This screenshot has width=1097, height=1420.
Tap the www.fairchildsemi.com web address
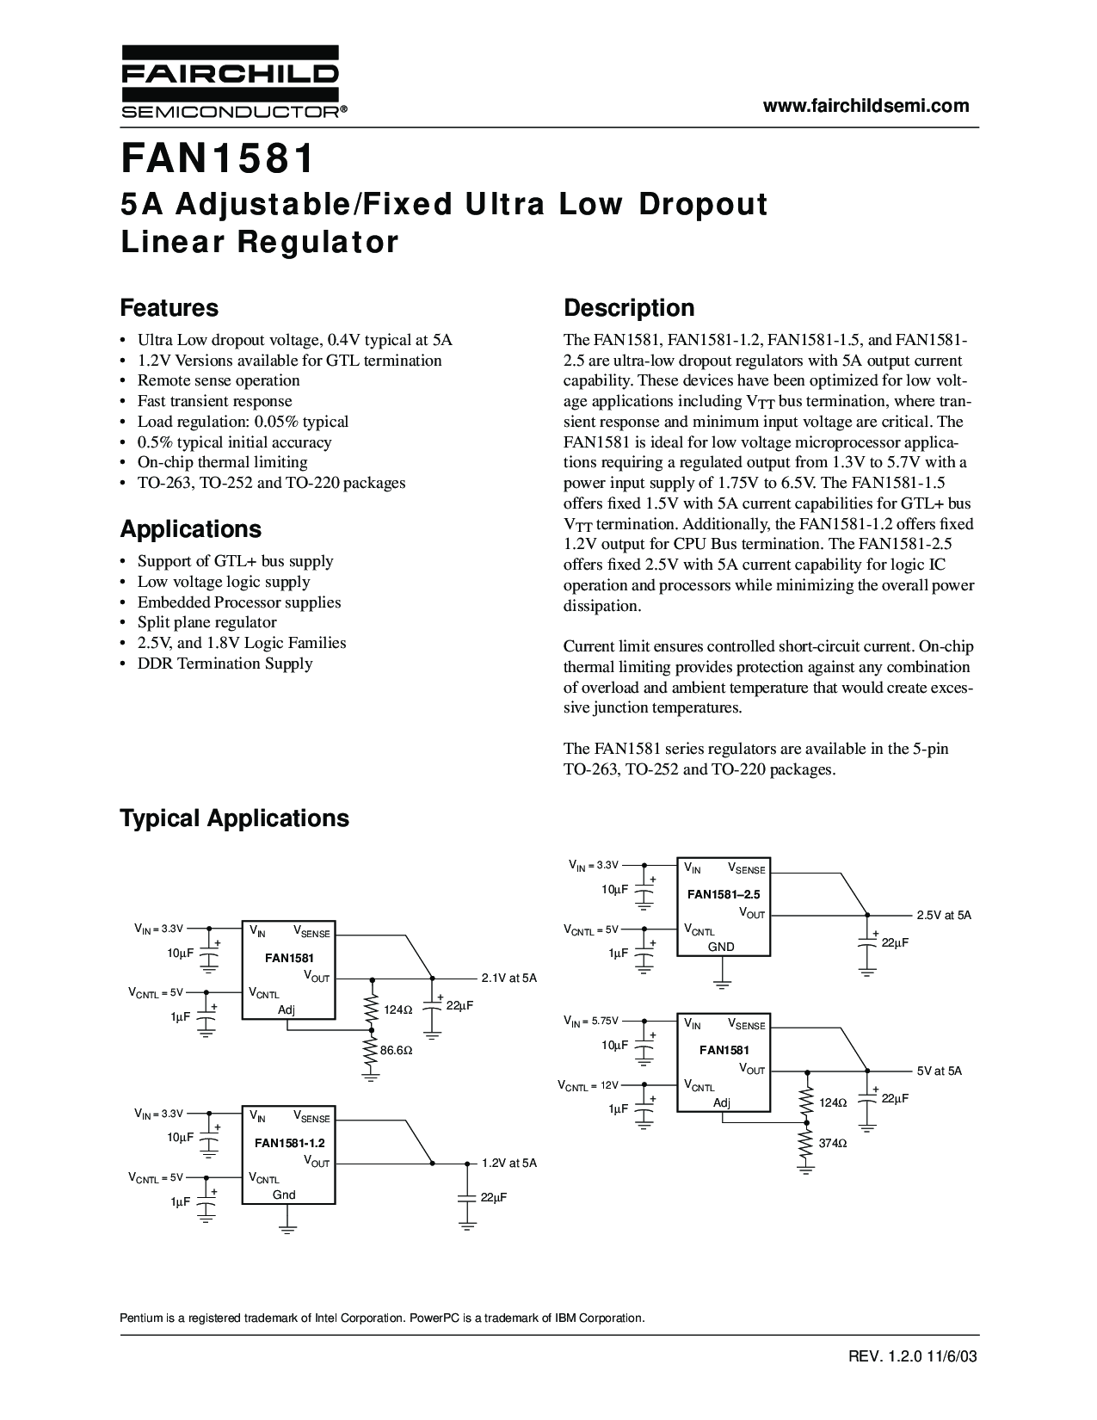point(866,106)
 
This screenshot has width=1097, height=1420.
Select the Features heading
point(169,308)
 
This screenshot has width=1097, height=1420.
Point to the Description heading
point(628,308)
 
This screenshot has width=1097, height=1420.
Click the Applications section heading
point(190,528)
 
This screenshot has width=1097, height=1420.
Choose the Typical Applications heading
point(234,818)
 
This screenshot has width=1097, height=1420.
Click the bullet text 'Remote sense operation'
point(219,380)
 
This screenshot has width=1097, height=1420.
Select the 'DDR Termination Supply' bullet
point(225,664)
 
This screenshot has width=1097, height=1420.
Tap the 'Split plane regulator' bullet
point(206,622)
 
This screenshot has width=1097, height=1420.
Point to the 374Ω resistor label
point(833,1144)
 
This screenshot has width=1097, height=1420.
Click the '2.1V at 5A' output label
point(508,978)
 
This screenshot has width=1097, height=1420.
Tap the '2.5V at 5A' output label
point(944,915)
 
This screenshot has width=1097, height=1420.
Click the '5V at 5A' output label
point(939,1071)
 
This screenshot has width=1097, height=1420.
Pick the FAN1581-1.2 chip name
point(289,1144)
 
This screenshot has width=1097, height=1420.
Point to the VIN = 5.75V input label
point(591,1021)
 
